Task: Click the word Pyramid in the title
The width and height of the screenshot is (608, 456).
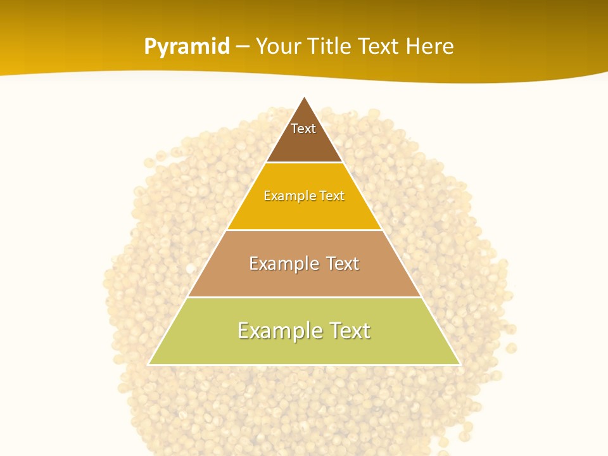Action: [x=187, y=47]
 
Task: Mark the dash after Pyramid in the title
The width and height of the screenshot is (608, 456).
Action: [x=243, y=47]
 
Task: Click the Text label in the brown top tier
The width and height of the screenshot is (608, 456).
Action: [x=303, y=129]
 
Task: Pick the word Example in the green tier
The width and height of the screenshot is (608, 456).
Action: [x=275, y=331]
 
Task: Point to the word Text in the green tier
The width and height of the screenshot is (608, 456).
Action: [x=346, y=331]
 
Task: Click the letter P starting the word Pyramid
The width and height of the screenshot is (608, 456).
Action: [x=150, y=46]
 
